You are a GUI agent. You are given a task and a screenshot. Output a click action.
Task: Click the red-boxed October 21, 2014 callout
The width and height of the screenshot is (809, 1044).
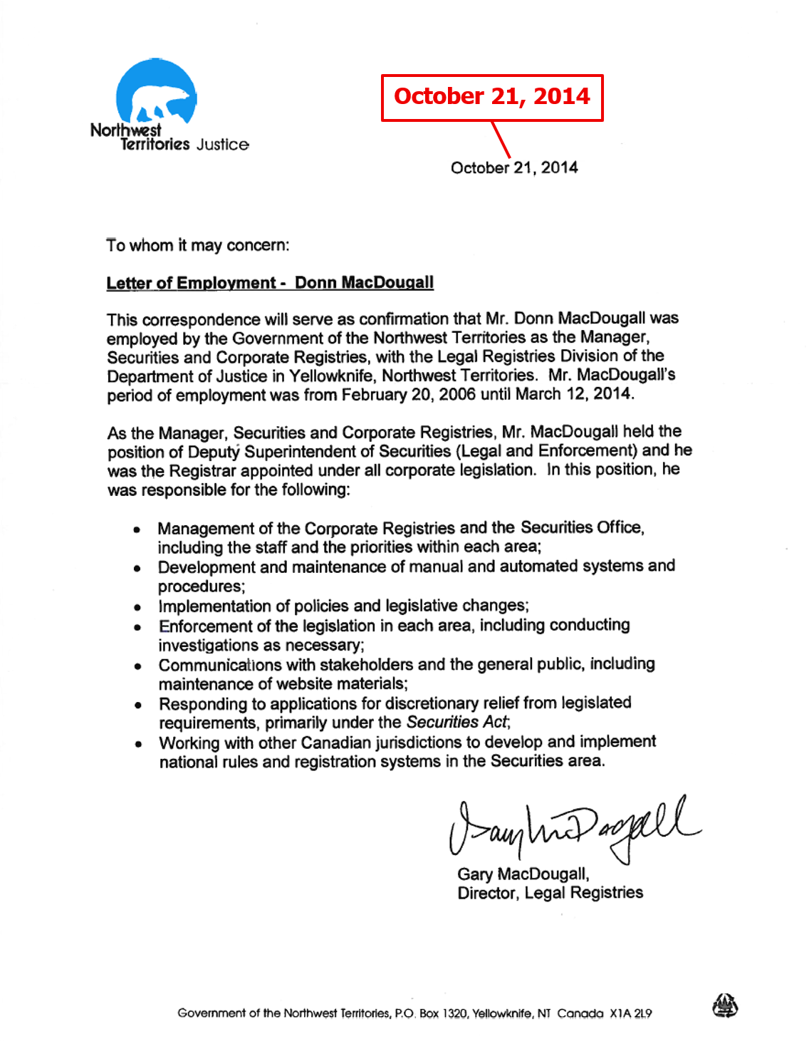[492, 97]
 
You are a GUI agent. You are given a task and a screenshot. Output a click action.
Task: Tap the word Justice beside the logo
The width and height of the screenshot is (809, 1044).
[223, 145]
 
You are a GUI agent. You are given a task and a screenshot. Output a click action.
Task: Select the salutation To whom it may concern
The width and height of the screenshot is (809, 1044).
[198, 245]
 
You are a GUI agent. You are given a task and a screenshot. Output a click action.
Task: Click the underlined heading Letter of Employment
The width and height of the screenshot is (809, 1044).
[191, 283]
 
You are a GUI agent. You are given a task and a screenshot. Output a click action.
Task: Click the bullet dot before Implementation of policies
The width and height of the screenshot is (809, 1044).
[138, 607]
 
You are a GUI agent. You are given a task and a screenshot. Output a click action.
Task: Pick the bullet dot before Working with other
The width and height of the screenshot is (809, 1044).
[138, 744]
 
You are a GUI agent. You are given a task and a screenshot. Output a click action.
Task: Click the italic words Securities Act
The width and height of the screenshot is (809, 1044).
[457, 723]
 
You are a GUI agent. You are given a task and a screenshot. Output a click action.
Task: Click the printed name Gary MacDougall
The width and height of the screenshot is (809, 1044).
[523, 874]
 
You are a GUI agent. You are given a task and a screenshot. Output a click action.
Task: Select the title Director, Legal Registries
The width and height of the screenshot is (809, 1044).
[550, 893]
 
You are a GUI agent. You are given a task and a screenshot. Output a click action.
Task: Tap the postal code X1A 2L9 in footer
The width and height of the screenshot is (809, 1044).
[630, 1013]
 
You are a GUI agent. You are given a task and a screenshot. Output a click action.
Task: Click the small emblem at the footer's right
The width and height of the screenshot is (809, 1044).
[725, 1006]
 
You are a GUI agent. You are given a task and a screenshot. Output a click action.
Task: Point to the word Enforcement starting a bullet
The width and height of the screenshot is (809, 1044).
[207, 626]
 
